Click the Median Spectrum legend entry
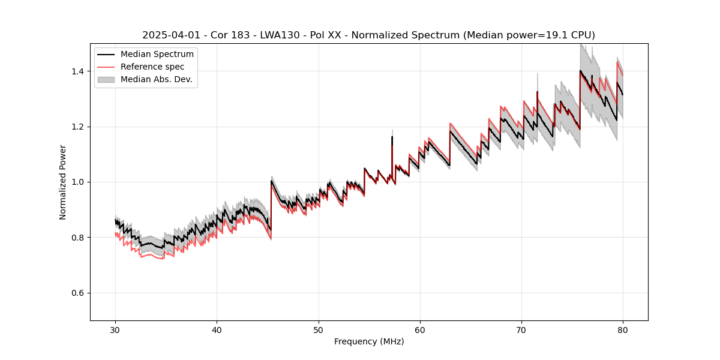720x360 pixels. (157, 55)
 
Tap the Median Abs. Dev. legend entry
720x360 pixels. (156, 79)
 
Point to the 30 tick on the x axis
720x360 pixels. (116, 329)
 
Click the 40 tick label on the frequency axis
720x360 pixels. (217, 329)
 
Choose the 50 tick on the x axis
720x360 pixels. (319, 329)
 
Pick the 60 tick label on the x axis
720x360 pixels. (420, 329)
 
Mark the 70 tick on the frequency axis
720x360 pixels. (521, 329)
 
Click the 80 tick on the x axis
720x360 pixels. (623, 329)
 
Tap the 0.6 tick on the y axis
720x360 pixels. (79, 293)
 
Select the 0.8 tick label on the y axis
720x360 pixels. (79, 238)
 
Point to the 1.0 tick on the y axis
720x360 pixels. (79, 182)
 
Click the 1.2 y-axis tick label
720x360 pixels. (79, 127)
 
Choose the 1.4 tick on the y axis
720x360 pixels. (79, 71)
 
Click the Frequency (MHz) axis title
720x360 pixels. (369, 341)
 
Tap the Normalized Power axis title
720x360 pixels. (63, 182)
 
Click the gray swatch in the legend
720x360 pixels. (107, 79)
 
